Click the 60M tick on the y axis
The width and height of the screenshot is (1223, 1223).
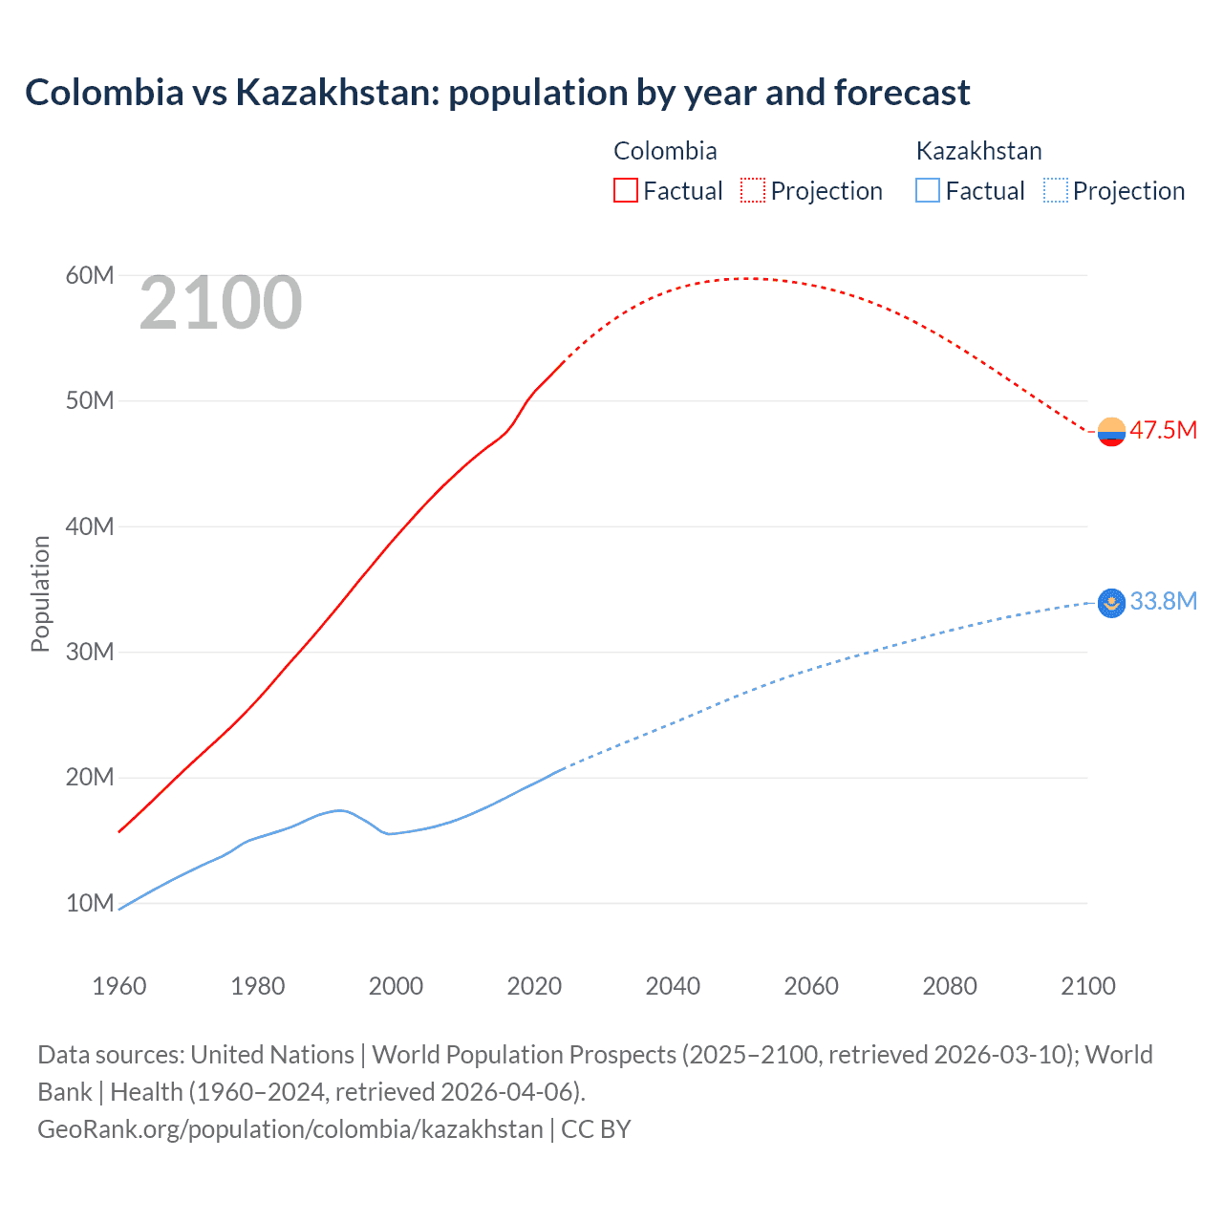pyautogui.click(x=90, y=276)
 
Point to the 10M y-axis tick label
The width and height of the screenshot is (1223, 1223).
pyautogui.click(x=90, y=903)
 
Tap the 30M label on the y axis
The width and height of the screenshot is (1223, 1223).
pyautogui.click(x=90, y=652)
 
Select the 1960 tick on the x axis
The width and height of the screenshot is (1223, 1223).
pyautogui.click(x=119, y=986)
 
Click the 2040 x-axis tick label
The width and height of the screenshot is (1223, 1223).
pyautogui.click(x=673, y=986)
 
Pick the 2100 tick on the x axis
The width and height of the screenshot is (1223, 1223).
pyautogui.click(x=1087, y=986)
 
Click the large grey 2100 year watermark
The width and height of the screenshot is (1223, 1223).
pyautogui.click(x=221, y=304)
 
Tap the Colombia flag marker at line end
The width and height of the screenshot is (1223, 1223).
pyautogui.click(x=1111, y=432)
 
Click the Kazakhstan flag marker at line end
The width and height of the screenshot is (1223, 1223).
pyautogui.click(x=1111, y=603)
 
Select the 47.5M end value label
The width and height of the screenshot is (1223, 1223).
pyautogui.click(x=1163, y=430)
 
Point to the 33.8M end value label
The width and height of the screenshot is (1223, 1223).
pyautogui.click(x=1163, y=601)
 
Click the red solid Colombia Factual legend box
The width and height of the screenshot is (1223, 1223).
pyautogui.click(x=625, y=191)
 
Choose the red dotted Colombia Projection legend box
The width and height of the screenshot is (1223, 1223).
pyautogui.click(x=753, y=191)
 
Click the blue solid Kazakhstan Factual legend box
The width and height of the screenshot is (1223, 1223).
pyautogui.click(x=928, y=191)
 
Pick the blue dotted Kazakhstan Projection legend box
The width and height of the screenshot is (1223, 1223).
pyautogui.click(x=1056, y=191)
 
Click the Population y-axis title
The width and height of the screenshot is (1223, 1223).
pyautogui.click(x=40, y=593)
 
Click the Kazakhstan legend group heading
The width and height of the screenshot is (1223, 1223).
pyautogui.click(x=978, y=151)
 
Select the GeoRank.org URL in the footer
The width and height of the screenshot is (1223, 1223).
pyautogui.click(x=290, y=1128)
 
